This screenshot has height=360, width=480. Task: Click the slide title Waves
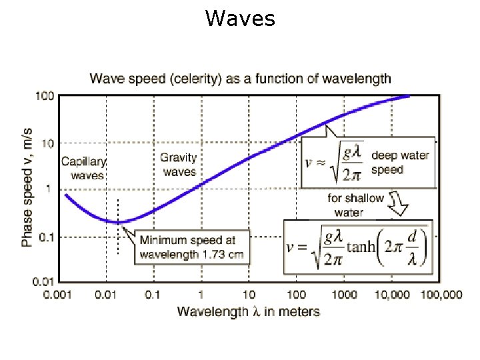(x=240, y=19)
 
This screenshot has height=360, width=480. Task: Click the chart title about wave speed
(x=241, y=79)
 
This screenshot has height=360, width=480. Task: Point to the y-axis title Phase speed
(x=27, y=189)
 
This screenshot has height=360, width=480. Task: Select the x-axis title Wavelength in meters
(x=248, y=311)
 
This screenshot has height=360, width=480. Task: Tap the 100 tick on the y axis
(x=45, y=96)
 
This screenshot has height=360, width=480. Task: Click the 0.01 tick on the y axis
(x=43, y=283)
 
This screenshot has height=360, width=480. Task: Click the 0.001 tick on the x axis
(x=58, y=295)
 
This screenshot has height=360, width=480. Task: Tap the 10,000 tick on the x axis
(x=391, y=295)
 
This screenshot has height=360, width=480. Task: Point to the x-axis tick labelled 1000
(x=344, y=295)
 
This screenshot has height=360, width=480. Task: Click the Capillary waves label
(x=83, y=168)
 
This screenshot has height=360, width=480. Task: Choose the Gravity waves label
(x=179, y=165)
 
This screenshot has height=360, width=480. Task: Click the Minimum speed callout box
(x=191, y=247)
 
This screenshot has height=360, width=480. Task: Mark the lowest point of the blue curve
(x=118, y=222)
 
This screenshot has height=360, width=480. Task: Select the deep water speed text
(x=400, y=163)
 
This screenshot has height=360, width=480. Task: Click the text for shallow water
(x=355, y=205)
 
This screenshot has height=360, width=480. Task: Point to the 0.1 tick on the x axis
(x=153, y=295)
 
